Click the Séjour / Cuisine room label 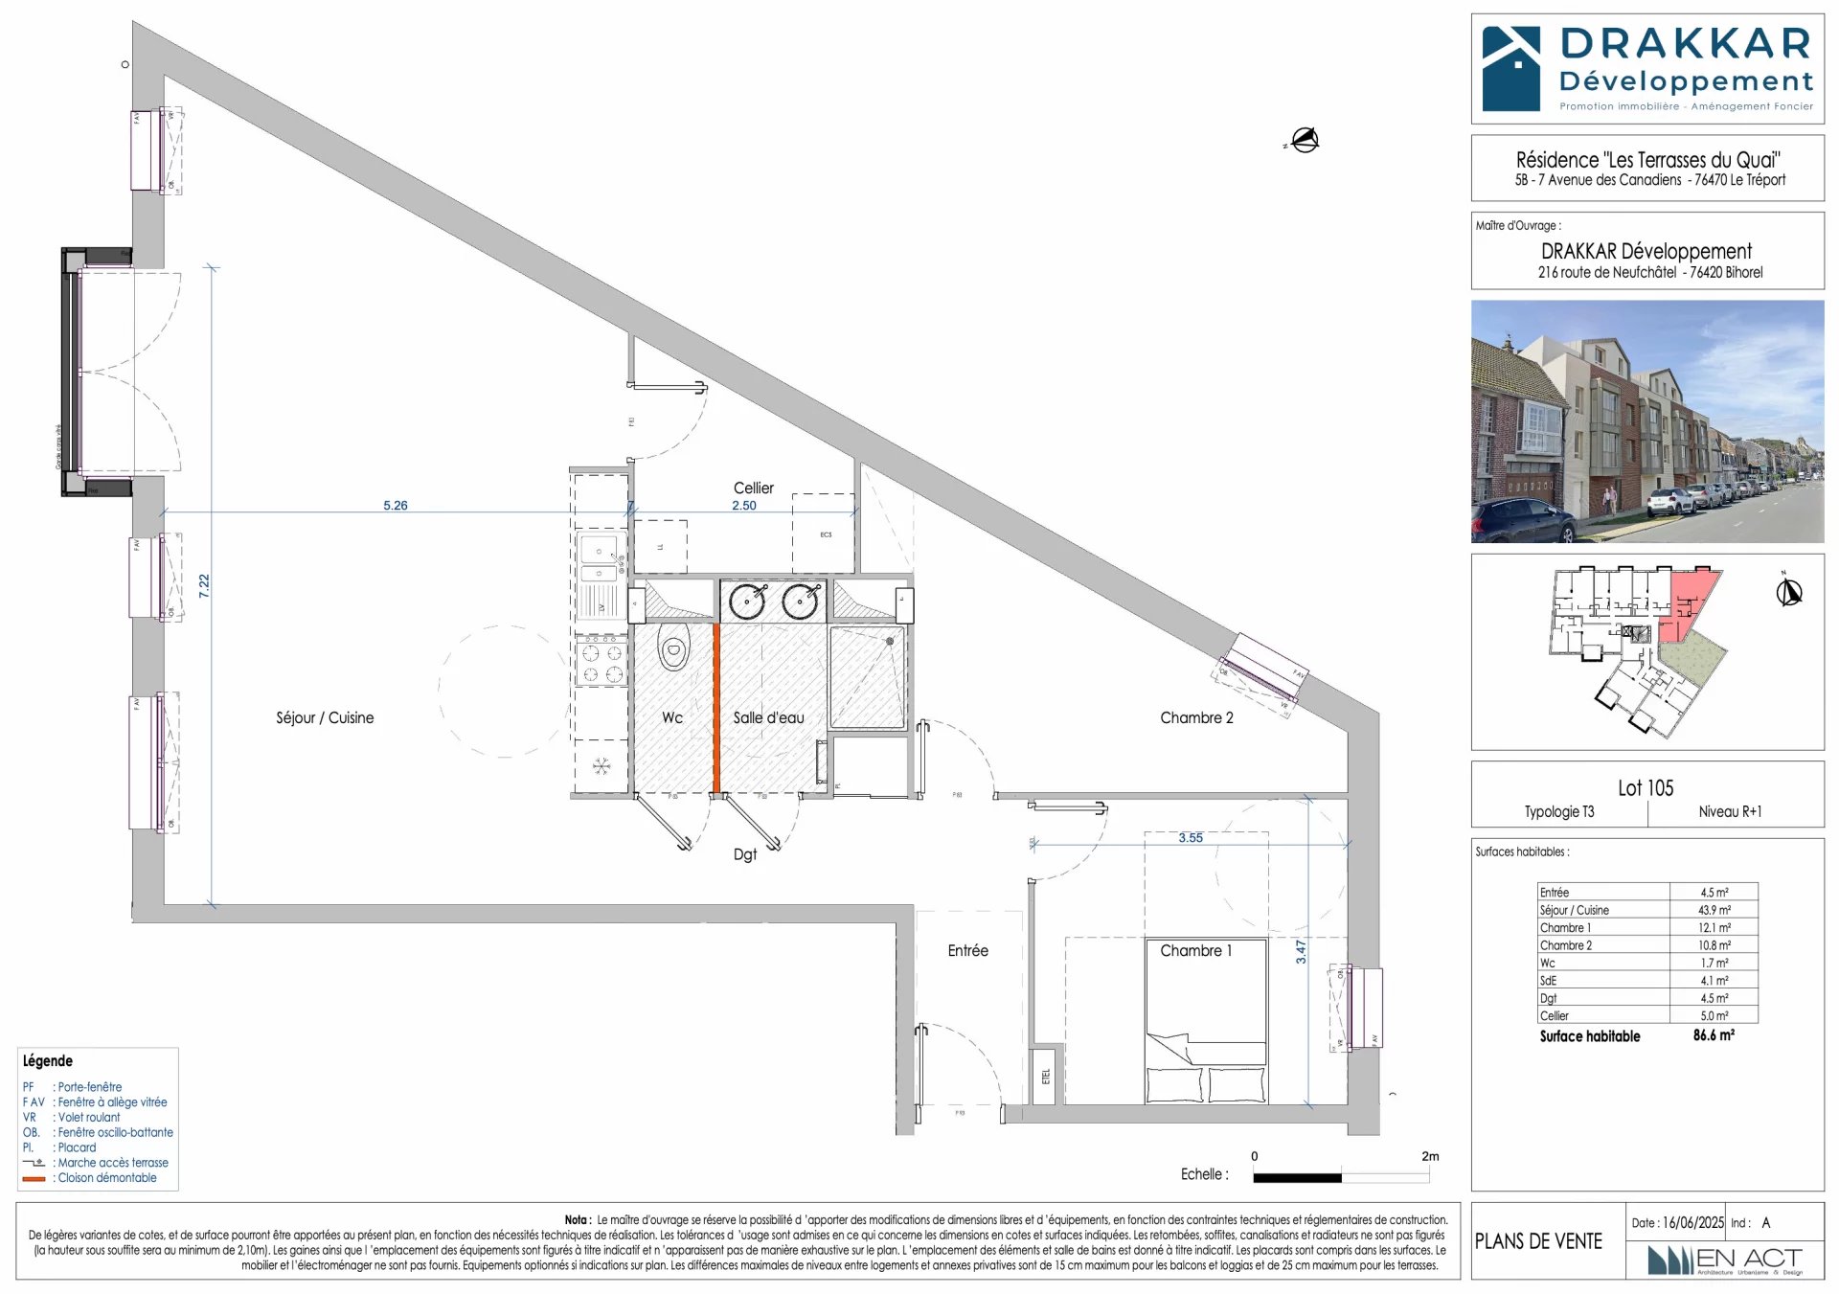(x=325, y=717)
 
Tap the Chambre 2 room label (x=1196, y=717)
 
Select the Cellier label (x=753, y=488)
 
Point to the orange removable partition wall (x=715, y=709)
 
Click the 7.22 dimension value (x=204, y=586)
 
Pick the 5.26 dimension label (x=395, y=505)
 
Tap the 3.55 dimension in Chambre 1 (x=1191, y=837)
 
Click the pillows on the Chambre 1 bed (x=1206, y=1084)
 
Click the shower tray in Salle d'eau (x=867, y=677)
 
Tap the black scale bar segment (x=1297, y=1177)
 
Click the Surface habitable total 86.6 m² (x=1713, y=1035)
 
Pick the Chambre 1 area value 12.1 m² (x=1714, y=927)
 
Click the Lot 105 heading (x=1646, y=788)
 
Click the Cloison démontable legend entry (x=106, y=1178)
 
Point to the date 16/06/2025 (x=1692, y=1223)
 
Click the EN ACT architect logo (x=1724, y=1260)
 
